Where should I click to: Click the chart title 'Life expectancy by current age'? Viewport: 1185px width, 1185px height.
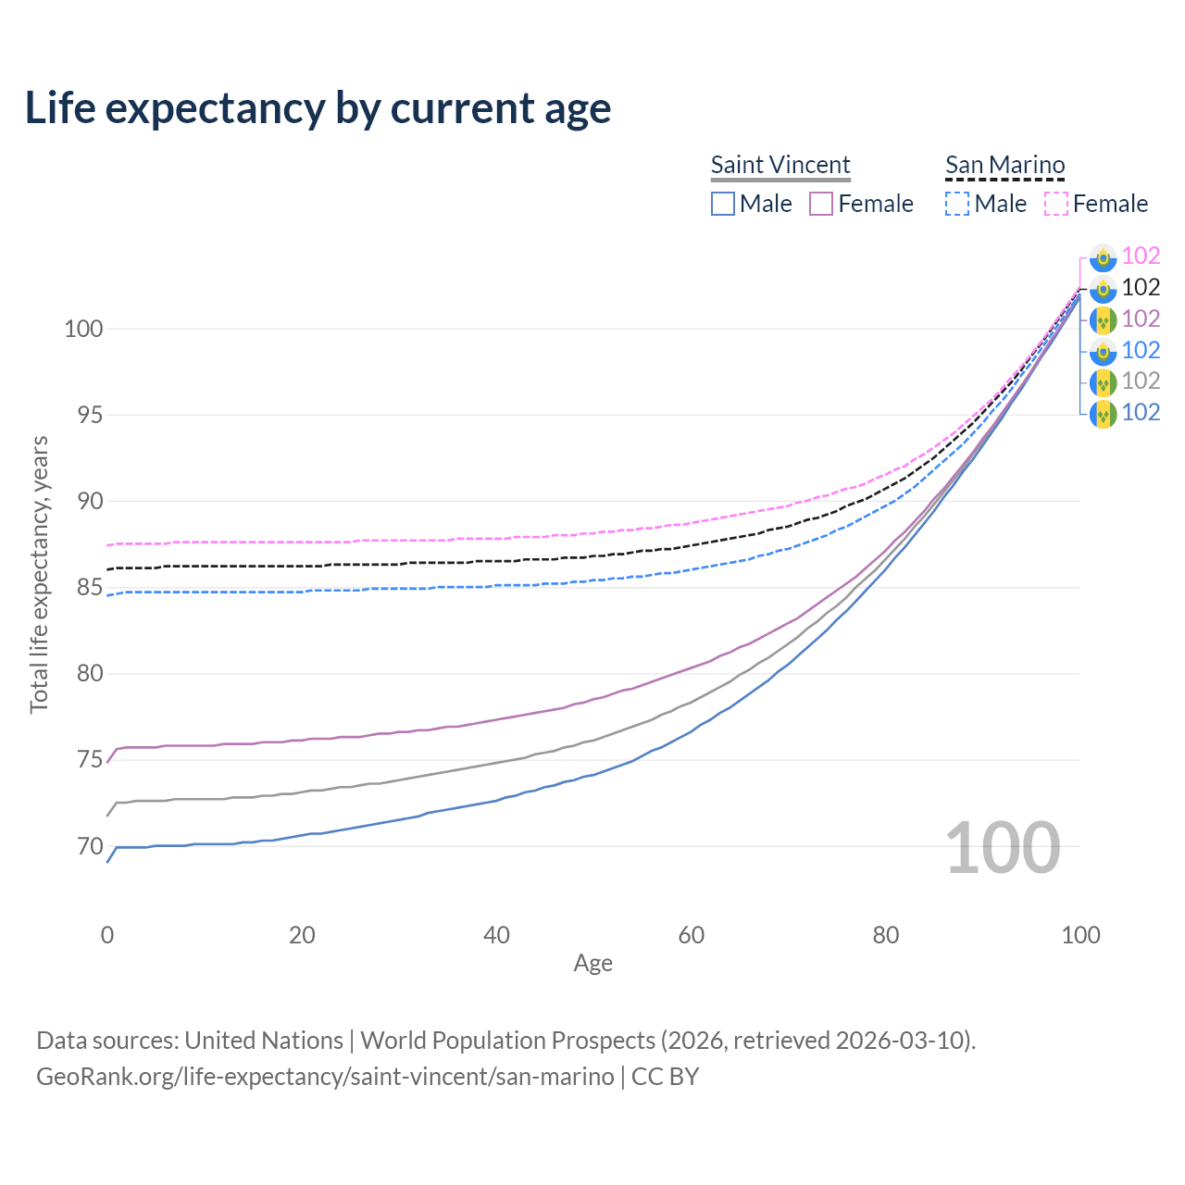pyautogui.click(x=318, y=107)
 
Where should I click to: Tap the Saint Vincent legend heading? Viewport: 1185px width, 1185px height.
pyautogui.click(x=780, y=165)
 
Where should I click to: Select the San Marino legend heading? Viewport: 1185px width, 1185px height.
pyautogui.click(x=1004, y=165)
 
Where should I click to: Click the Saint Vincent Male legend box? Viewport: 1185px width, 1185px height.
pyautogui.click(x=723, y=204)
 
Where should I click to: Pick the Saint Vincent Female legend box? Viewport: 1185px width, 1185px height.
pyautogui.click(x=821, y=204)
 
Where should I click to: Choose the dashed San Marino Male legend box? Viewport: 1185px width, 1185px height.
pyautogui.click(x=957, y=204)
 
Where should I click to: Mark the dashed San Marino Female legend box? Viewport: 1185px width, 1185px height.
pyautogui.click(x=1056, y=204)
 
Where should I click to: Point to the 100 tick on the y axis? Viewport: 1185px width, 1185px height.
pyautogui.click(x=83, y=329)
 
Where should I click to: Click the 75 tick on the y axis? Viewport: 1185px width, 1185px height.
pyautogui.click(x=89, y=760)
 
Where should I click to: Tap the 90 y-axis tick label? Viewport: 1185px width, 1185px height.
pyautogui.click(x=89, y=502)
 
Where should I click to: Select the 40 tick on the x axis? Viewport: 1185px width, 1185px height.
pyautogui.click(x=496, y=935)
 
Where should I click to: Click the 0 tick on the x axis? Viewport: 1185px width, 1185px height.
pyautogui.click(x=107, y=935)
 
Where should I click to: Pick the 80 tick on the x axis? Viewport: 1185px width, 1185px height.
pyautogui.click(x=886, y=935)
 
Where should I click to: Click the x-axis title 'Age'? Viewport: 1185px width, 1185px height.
pyautogui.click(x=592, y=964)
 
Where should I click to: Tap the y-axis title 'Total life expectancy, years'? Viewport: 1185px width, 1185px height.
pyautogui.click(x=39, y=574)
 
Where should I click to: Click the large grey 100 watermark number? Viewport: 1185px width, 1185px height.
pyautogui.click(x=1003, y=848)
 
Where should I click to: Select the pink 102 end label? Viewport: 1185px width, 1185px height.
pyautogui.click(x=1141, y=256)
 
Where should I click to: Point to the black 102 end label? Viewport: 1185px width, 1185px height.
pyautogui.click(x=1141, y=287)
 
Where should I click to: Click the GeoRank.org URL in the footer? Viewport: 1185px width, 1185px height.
pyautogui.click(x=325, y=1077)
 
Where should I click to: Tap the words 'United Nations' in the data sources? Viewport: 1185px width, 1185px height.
pyautogui.click(x=264, y=1041)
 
